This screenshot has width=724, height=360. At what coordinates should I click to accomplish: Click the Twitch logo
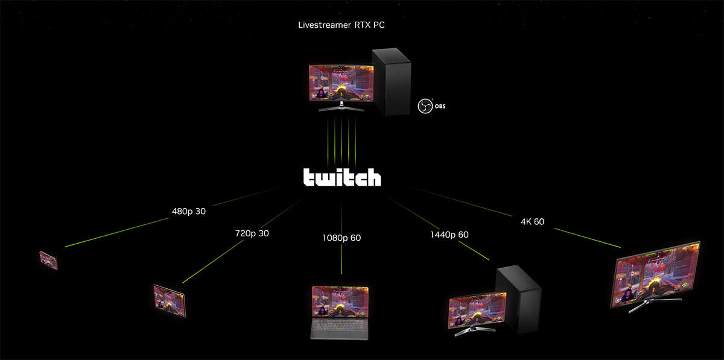[341, 177]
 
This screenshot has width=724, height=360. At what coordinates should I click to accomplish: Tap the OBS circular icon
[424, 106]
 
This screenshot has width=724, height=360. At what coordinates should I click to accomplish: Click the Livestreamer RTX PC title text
[341, 25]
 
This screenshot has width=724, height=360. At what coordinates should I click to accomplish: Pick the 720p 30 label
[252, 233]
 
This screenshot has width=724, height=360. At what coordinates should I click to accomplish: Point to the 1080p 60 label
[341, 238]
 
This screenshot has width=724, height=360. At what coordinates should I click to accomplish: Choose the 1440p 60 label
[449, 235]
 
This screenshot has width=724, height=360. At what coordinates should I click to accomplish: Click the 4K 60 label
[532, 221]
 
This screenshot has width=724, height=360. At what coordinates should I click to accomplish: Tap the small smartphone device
[49, 260]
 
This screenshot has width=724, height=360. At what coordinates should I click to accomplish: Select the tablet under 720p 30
[169, 300]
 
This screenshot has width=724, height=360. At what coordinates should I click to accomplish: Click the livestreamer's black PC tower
[392, 81]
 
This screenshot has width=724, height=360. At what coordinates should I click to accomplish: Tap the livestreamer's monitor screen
[341, 83]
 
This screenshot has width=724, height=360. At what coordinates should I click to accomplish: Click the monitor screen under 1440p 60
[476, 310]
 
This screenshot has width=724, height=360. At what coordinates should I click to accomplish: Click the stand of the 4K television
[643, 308]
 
